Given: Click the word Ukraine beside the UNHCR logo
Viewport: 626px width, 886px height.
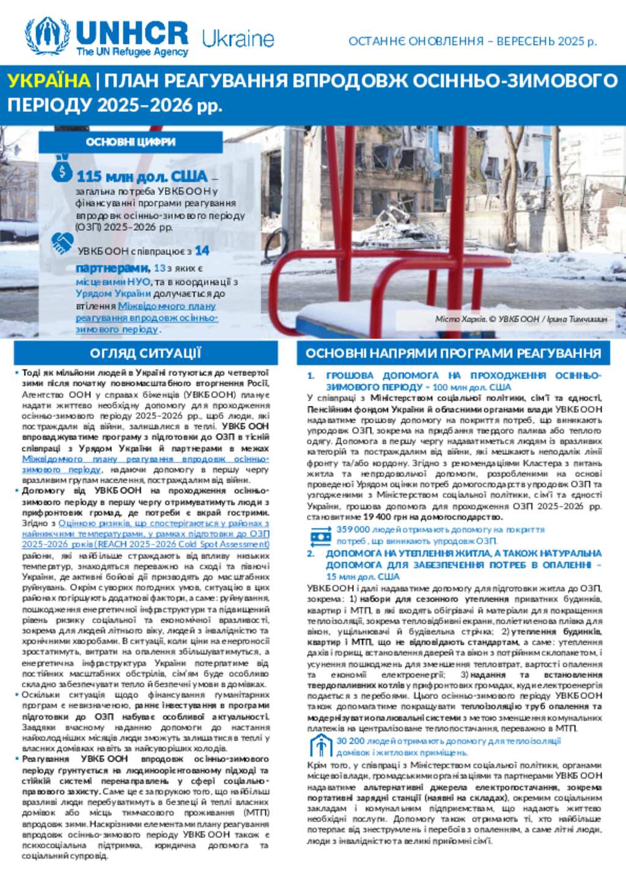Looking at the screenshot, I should [x=238, y=39].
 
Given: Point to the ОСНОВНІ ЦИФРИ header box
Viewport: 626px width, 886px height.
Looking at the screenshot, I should [x=130, y=142].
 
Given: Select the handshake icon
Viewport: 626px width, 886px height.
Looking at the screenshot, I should [x=62, y=243].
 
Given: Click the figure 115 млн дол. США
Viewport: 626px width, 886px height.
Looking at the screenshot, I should [x=142, y=177].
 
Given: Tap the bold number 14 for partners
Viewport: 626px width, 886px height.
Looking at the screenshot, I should [x=202, y=251].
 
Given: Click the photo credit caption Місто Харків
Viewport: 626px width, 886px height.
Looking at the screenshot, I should [x=521, y=319].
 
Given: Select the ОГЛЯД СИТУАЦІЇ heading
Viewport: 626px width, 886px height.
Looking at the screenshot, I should [x=145, y=353].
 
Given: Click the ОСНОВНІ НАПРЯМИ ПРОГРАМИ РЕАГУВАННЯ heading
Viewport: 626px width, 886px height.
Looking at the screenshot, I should [x=453, y=353].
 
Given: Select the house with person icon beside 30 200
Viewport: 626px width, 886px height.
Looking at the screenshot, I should [x=320, y=745].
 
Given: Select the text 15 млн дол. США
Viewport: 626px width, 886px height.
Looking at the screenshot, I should [x=363, y=576].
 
